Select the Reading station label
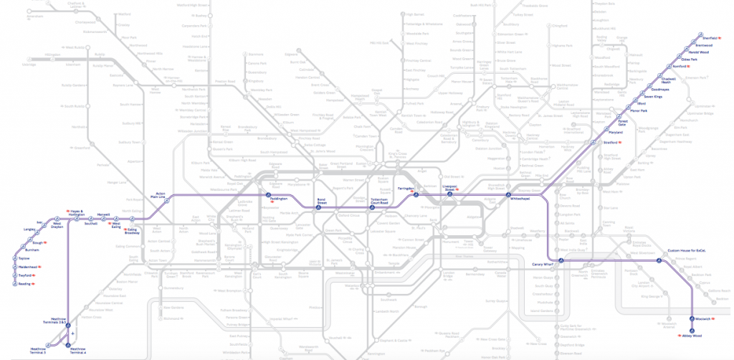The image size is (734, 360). click(x=25, y=284)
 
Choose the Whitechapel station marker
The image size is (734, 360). click(x=507, y=196)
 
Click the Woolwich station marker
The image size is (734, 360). click(x=692, y=318)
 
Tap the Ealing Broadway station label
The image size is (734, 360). click(x=131, y=231)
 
